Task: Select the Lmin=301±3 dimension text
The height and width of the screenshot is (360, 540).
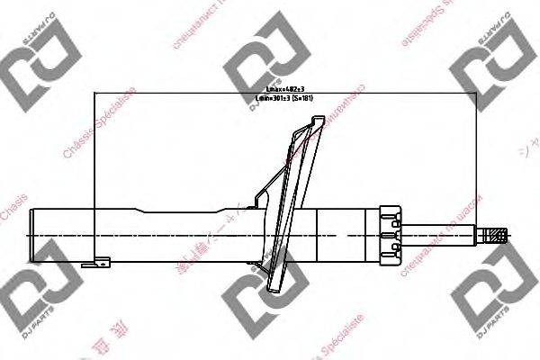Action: pyautogui.click(x=272, y=97)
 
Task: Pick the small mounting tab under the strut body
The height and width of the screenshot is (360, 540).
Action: pyautogui.click(x=95, y=264)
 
